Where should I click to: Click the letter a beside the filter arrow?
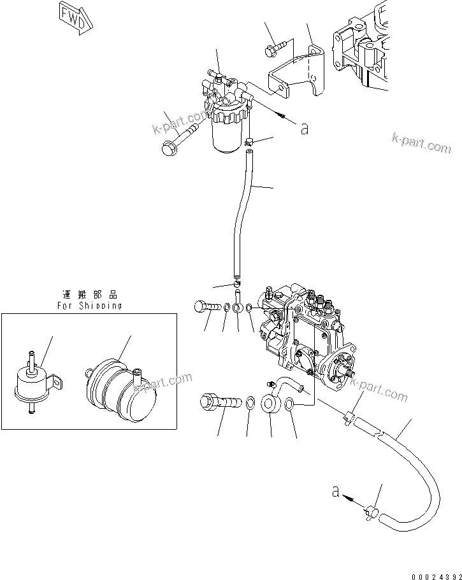[x=305, y=129]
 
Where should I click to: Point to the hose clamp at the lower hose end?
[x=372, y=509]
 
